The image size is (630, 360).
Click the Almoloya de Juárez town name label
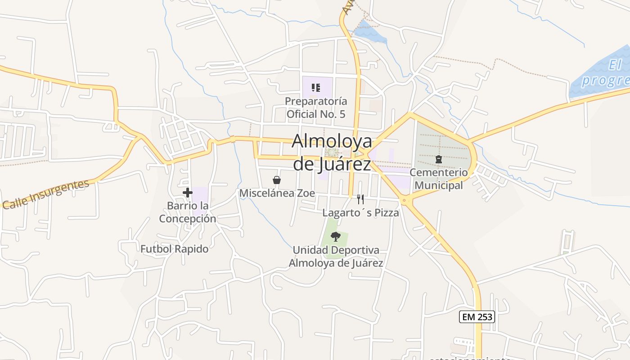click(x=332, y=153)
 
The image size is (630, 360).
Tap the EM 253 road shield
click(x=477, y=317)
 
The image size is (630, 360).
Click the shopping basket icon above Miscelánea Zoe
click(x=277, y=180)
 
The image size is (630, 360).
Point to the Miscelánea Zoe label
click(x=277, y=193)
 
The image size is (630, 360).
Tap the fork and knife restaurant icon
click(x=360, y=199)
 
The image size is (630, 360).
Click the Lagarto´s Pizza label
click(x=361, y=213)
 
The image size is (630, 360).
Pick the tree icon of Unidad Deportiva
click(x=335, y=236)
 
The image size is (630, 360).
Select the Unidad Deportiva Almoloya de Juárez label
click(x=336, y=256)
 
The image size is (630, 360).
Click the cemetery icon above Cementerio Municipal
click(x=438, y=159)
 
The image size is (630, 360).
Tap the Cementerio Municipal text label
click(x=439, y=179)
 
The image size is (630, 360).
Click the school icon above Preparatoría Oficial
click(x=316, y=87)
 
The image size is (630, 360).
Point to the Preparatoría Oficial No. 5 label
click(x=316, y=108)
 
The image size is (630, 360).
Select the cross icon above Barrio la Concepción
click(x=188, y=193)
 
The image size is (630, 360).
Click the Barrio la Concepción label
click(x=188, y=212)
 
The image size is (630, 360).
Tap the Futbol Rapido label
click(x=175, y=249)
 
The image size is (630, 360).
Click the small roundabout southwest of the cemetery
click(x=405, y=200)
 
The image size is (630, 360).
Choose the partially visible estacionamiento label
click(x=470, y=358)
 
